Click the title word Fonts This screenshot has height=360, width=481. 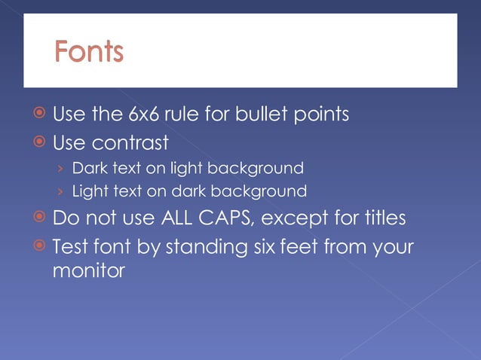pyautogui.click(x=88, y=52)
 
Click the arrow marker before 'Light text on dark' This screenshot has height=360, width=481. pyautogui.click(x=61, y=191)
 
